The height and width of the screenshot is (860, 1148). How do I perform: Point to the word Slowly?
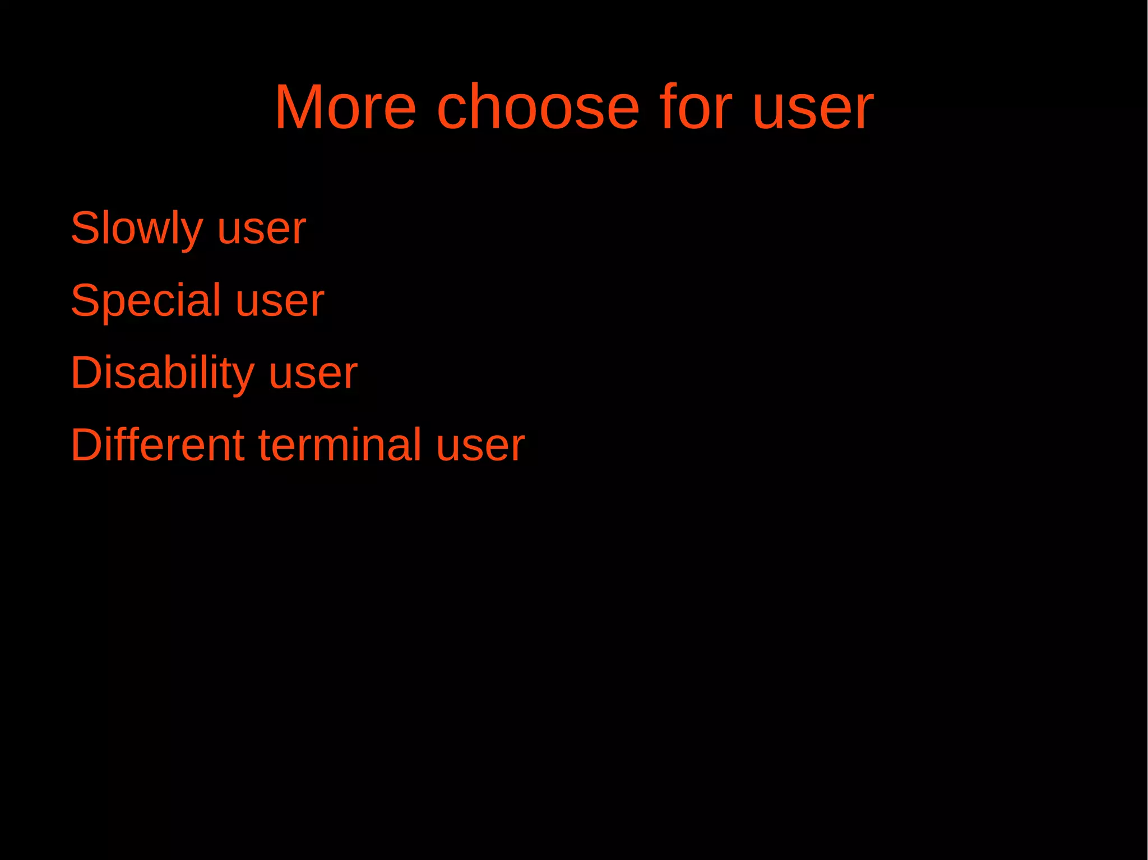tap(137, 229)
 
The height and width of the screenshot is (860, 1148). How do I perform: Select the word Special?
tap(146, 301)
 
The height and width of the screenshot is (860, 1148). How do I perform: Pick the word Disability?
tap(163, 373)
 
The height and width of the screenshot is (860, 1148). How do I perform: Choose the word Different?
tap(158, 445)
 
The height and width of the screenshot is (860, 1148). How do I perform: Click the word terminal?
tap(340, 445)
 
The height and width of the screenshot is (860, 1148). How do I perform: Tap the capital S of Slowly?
tap(85, 227)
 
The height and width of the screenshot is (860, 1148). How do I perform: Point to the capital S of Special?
tap(85, 300)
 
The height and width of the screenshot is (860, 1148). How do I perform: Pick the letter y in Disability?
tap(244, 378)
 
